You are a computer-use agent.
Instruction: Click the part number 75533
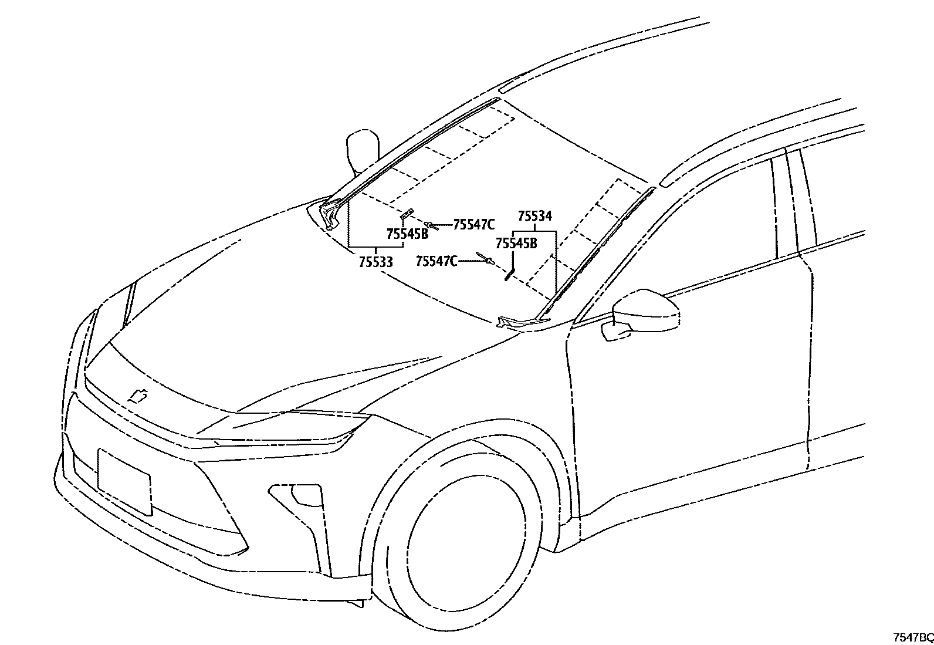[375, 262]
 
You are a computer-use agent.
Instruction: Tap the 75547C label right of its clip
[474, 224]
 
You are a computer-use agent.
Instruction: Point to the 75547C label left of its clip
[436, 261]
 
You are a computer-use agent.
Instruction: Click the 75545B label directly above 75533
[407, 234]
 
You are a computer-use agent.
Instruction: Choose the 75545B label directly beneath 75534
[516, 243]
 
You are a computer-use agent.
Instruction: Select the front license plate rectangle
[124, 481]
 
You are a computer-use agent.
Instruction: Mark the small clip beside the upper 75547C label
[432, 225]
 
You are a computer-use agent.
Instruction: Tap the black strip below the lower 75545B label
[509, 274]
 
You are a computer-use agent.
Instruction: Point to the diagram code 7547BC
[912, 637]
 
